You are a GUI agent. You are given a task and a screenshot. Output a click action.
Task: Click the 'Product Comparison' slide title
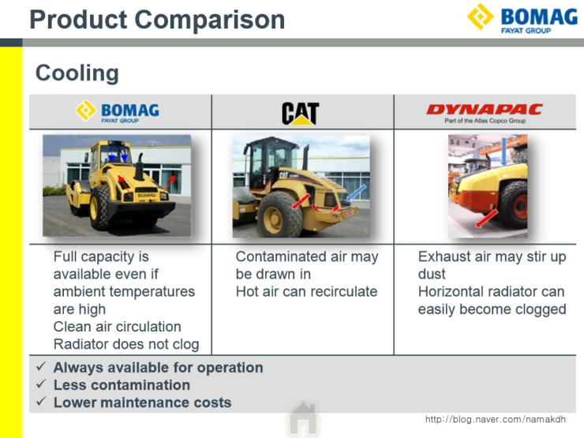tap(157, 19)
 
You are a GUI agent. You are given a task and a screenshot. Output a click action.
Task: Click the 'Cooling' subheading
tap(77, 73)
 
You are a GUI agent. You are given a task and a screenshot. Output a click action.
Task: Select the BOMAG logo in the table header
tap(118, 111)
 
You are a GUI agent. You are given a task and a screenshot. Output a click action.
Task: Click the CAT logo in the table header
tap(300, 112)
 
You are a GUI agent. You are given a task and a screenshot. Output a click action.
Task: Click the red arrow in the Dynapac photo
tap(487, 217)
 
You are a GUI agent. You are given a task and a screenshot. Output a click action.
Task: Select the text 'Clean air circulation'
tap(117, 327)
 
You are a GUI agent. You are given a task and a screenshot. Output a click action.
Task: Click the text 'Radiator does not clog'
tap(126, 344)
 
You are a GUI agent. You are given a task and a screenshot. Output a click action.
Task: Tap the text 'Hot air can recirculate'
tap(306, 292)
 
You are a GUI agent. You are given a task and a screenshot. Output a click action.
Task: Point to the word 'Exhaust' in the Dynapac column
tap(446, 257)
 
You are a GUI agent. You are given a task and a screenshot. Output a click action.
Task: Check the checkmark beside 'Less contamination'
tap(41, 385)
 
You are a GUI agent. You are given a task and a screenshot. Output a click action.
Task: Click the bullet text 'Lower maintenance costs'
tap(142, 402)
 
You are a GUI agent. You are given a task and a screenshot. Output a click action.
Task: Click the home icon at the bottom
tap(302, 418)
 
